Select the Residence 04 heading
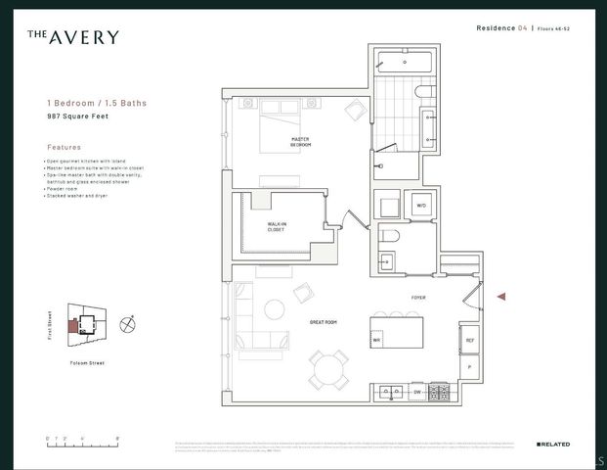502,29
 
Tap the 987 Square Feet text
79,116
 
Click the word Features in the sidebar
65,146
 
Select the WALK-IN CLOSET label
277,226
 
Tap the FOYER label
418,297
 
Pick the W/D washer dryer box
421,207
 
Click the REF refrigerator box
469,340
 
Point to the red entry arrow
502,296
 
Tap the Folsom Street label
88,362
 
